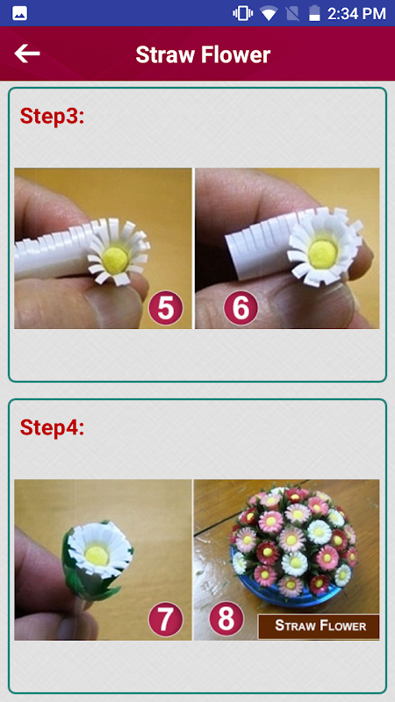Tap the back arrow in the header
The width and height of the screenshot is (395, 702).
click(x=27, y=54)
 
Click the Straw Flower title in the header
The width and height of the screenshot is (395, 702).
click(x=203, y=54)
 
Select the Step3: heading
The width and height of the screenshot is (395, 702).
click(x=52, y=116)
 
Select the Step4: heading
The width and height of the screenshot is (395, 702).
click(x=52, y=427)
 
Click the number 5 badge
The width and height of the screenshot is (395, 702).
click(x=166, y=308)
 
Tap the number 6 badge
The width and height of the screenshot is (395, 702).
click(x=241, y=308)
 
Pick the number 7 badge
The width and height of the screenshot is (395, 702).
click(x=166, y=620)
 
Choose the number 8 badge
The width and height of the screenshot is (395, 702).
click(x=226, y=619)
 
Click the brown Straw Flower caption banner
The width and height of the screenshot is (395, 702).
click(x=319, y=627)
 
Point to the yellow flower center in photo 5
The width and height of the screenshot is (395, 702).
click(x=116, y=258)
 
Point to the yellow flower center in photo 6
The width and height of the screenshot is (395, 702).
click(x=323, y=253)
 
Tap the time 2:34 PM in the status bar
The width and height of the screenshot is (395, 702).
click(x=356, y=13)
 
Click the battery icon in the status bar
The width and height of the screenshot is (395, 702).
click(x=315, y=13)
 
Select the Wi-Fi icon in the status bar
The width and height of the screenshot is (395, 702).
click(x=269, y=14)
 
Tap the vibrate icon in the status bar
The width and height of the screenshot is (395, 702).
click(x=242, y=13)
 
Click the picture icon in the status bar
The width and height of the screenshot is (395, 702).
click(x=19, y=13)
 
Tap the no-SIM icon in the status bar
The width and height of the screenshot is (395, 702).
click(x=293, y=13)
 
